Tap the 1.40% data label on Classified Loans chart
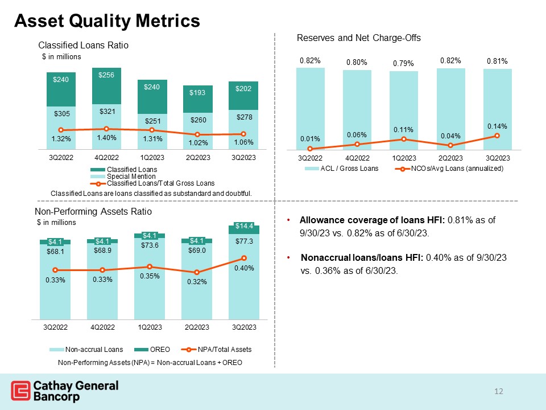click(106, 138)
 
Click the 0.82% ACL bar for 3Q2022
click(310, 102)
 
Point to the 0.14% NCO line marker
click(497, 136)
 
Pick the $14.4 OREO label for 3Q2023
click(243, 226)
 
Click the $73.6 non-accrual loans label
click(150, 245)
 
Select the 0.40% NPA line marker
click(243, 259)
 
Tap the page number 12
click(499, 391)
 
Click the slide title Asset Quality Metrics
click(107, 21)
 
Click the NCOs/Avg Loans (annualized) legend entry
click(457, 169)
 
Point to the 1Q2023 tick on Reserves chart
click(403, 157)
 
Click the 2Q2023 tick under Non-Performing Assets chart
click(196, 327)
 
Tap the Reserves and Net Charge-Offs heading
click(358, 38)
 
